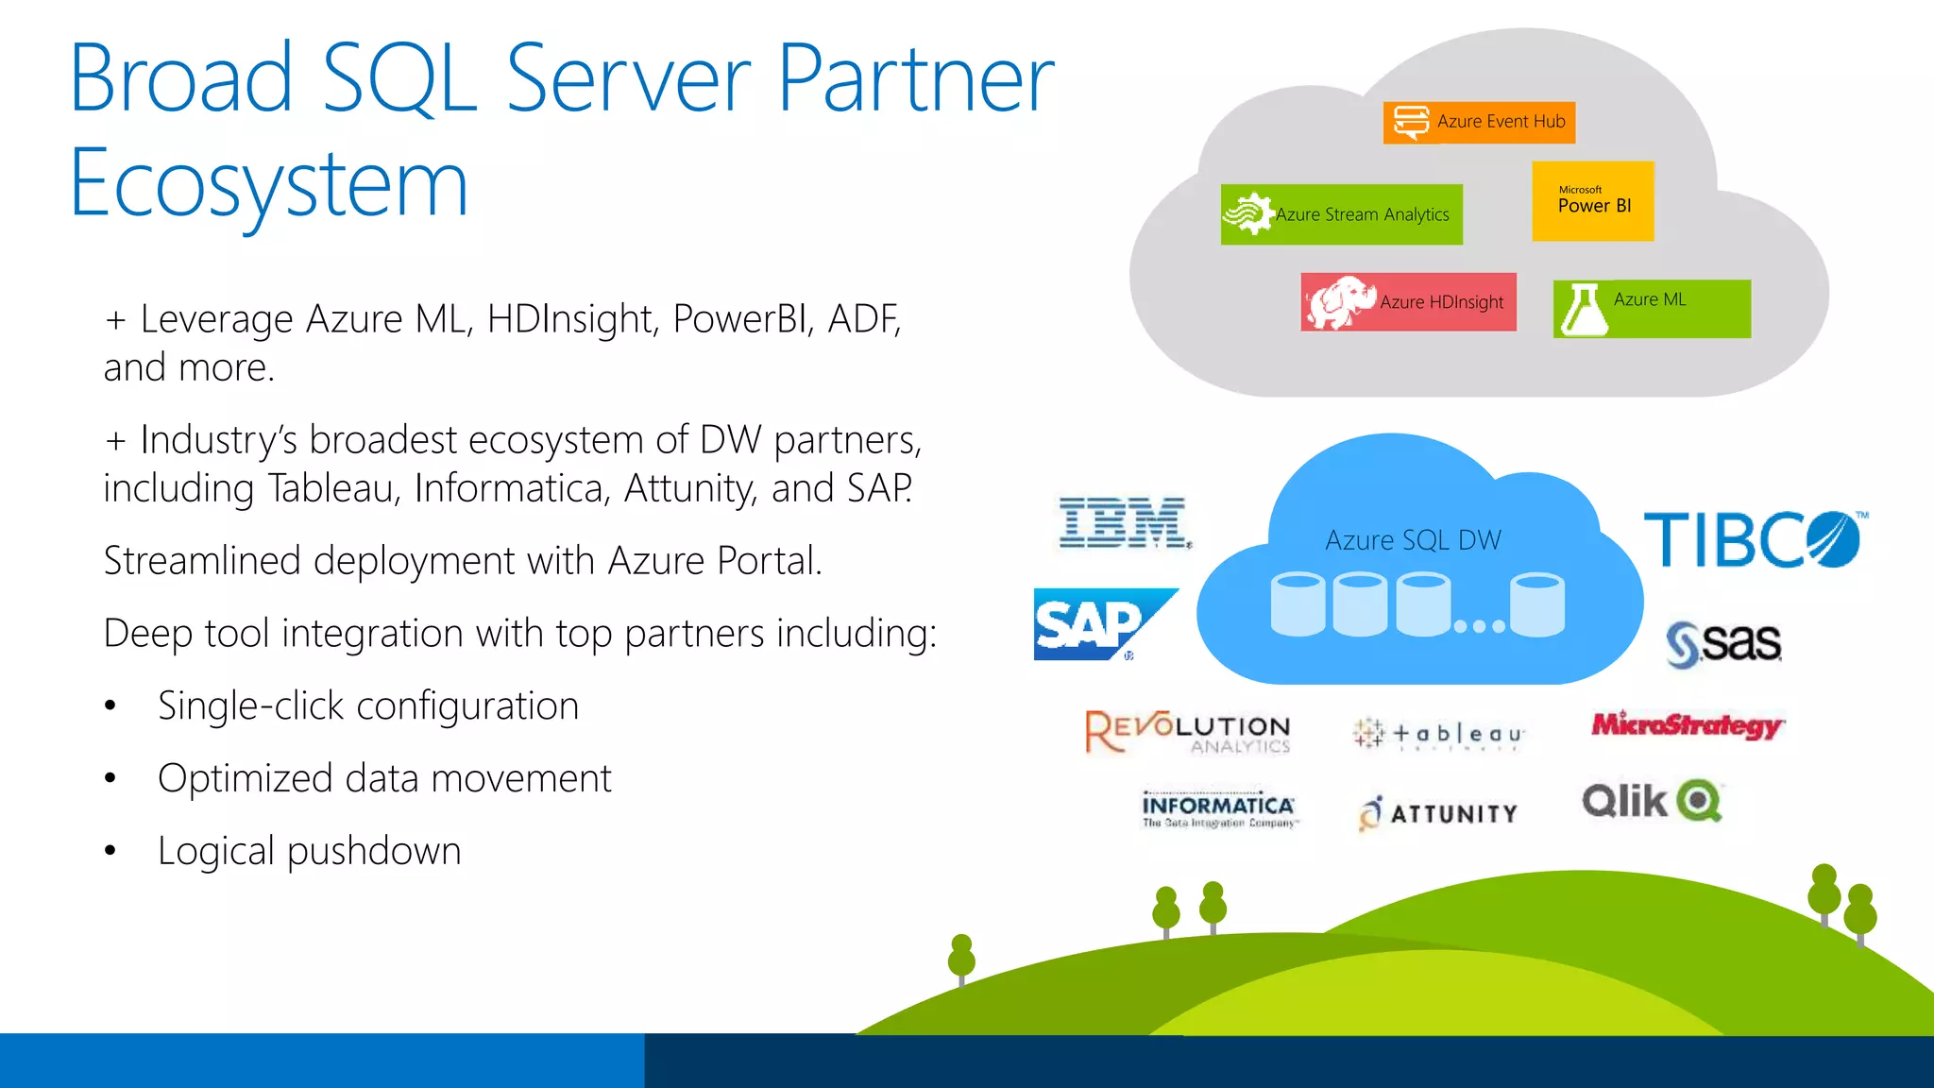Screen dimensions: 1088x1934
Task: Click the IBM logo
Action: coord(1124,522)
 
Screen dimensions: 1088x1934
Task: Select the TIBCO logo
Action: coord(1754,539)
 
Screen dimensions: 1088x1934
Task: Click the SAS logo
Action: coord(1723,643)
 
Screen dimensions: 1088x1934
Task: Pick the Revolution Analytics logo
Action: coord(1188,732)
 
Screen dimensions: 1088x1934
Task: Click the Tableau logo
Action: coord(1438,734)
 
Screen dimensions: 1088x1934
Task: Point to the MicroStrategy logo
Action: coord(1687,724)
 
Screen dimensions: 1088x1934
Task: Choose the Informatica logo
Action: coord(1218,809)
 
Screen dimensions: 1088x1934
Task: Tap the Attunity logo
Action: coord(1438,813)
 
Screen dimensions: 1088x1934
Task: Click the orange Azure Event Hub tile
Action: coord(1479,122)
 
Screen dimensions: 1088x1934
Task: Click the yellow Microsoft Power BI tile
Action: coord(1592,201)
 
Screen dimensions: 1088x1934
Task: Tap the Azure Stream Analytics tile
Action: coord(1341,214)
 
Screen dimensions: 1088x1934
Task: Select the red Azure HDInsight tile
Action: coord(1408,302)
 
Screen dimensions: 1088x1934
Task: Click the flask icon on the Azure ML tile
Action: coord(1584,310)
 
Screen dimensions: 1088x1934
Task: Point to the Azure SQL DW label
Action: coord(1413,540)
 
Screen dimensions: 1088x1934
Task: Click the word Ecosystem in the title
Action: coord(269,184)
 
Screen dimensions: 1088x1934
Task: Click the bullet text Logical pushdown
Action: coord(309,851)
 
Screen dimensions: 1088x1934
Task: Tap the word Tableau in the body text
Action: coord(335,488)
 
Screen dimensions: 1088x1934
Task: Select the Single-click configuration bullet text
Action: coord(368,706)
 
